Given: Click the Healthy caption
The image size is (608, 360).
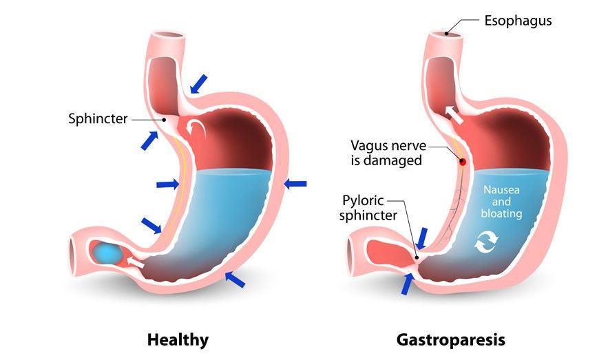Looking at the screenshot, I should (178, 339).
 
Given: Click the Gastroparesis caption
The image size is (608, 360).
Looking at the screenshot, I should (451, 339).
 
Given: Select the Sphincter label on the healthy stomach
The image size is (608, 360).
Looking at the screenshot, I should (98, 118).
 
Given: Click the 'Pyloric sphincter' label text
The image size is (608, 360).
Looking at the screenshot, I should (370, 208).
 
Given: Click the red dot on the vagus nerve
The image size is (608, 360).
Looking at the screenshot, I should (463, 162).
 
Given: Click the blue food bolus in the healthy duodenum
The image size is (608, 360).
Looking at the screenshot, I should (107, 252).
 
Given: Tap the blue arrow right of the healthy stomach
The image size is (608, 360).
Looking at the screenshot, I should (295, 183).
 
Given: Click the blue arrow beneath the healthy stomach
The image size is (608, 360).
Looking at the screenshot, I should (235, 279).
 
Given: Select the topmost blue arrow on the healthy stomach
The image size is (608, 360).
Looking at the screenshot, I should (199, 83).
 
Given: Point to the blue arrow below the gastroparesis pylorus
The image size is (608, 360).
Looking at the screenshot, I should (408, 282).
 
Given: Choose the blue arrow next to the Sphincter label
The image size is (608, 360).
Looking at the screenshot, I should (149, 139).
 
